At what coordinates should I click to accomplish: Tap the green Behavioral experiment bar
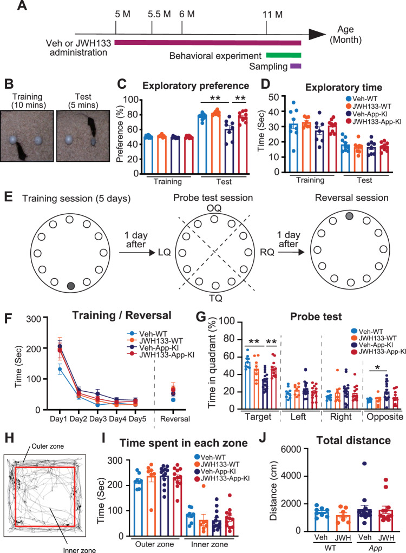click(x=283, y=55)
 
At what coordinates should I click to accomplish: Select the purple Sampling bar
click(x=295, y=66)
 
